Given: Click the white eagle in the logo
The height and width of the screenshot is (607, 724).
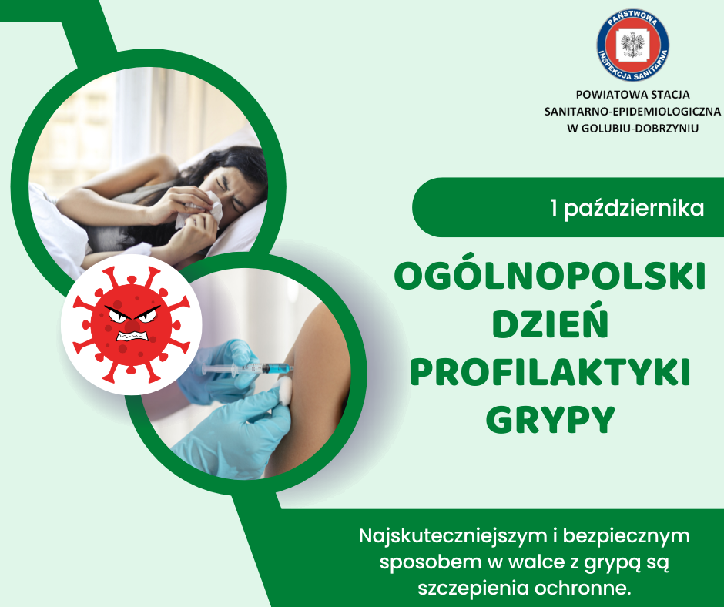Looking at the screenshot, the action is (632, 45).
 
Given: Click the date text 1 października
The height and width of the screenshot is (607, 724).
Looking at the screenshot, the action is (628, 208).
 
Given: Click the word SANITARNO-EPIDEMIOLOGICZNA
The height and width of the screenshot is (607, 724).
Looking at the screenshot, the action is (632, 112).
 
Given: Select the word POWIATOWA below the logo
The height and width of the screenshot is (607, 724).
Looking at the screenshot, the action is (605, 94).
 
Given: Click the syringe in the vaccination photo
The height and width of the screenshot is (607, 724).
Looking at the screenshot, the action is (248, 369).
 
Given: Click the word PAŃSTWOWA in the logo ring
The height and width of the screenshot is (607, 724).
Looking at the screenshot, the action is (632, 19).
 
